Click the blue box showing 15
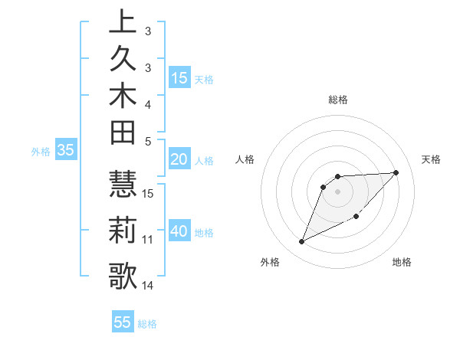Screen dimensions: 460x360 [x=179, y=78]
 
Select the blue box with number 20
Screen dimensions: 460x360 [x=179, y=159]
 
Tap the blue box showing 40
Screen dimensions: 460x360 [x=179, y=231]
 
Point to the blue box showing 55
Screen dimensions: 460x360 [x=123, y=322]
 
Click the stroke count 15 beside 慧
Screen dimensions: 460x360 [x=148, y=193]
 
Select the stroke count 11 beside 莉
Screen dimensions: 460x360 [x=148, y=240]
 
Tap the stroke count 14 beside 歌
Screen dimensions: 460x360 [x=148, y=286]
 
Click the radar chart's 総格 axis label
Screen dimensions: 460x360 [x=338, y=100]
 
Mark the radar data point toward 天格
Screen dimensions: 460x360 [x=396, y=172]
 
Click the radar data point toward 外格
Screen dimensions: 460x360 [x=301, y=242]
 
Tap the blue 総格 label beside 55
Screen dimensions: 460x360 [x=148, y=324]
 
